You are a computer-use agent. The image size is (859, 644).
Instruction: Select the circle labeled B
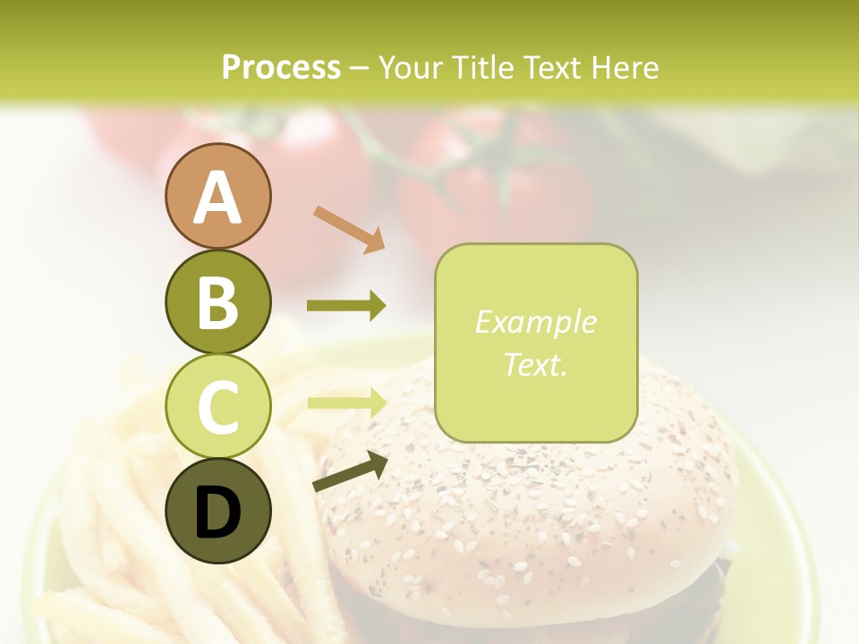(217, 301)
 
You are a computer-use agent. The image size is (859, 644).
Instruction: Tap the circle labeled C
(217, 407)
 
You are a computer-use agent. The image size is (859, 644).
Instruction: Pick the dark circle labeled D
(217, 512)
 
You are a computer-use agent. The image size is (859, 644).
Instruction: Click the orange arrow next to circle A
(349, 227)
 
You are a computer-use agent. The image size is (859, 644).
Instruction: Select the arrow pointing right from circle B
(346, 306)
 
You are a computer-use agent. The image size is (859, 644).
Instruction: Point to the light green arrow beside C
(346, 402)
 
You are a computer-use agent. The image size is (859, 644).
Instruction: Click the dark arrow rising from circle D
(350, 471)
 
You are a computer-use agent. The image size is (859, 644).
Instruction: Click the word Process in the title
(281, 68)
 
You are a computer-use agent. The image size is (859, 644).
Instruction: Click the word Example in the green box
(535, 322)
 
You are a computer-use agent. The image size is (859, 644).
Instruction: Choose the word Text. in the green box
(535, 364)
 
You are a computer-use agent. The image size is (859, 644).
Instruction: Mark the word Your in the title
(413, 68)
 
